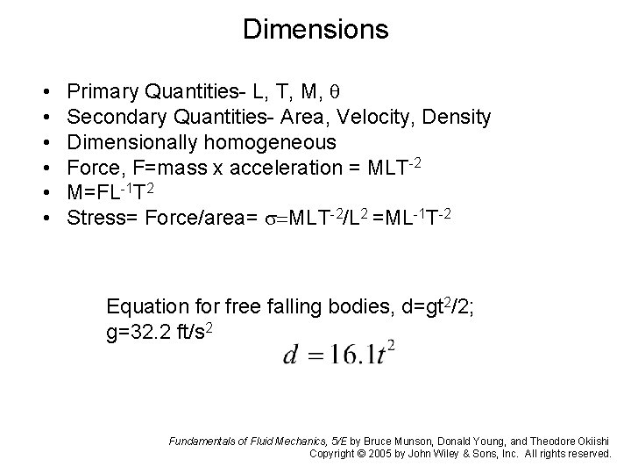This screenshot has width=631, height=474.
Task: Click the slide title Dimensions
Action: pyautogui.click(x=315, y=29)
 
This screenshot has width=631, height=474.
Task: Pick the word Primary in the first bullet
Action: pyautogui.click(x=99, y=92)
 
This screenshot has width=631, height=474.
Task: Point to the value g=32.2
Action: pyautogui.click(x=137, y=332)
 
